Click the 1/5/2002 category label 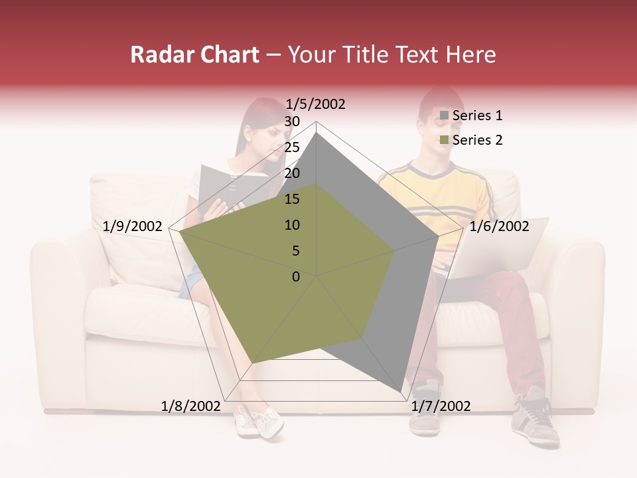(315, 104)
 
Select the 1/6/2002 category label (499, 226)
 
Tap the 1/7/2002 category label (441, 406)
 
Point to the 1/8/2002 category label (190, 406)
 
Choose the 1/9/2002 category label (133, 226)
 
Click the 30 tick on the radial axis (292, 121)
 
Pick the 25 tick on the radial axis (292, 147)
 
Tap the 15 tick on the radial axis (292, 199)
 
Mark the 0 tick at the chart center (296, 276)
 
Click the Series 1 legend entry (477, 116)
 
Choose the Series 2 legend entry (477, 140)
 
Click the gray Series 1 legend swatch (445, 116)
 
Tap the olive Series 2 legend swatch (445, 140)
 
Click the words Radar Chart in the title (194, 55)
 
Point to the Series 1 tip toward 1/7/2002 (400, 390)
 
